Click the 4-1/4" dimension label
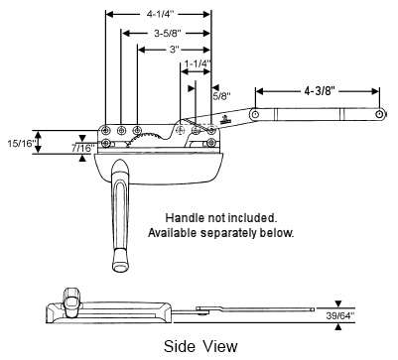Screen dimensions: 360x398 point(157,15)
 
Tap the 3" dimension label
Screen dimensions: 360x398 point(173,50)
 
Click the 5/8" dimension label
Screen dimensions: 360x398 point(222,96)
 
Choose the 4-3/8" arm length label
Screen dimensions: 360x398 point(319,90)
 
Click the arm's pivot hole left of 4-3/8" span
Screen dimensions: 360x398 point(256,116)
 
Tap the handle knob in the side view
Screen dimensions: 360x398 point(72,297)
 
